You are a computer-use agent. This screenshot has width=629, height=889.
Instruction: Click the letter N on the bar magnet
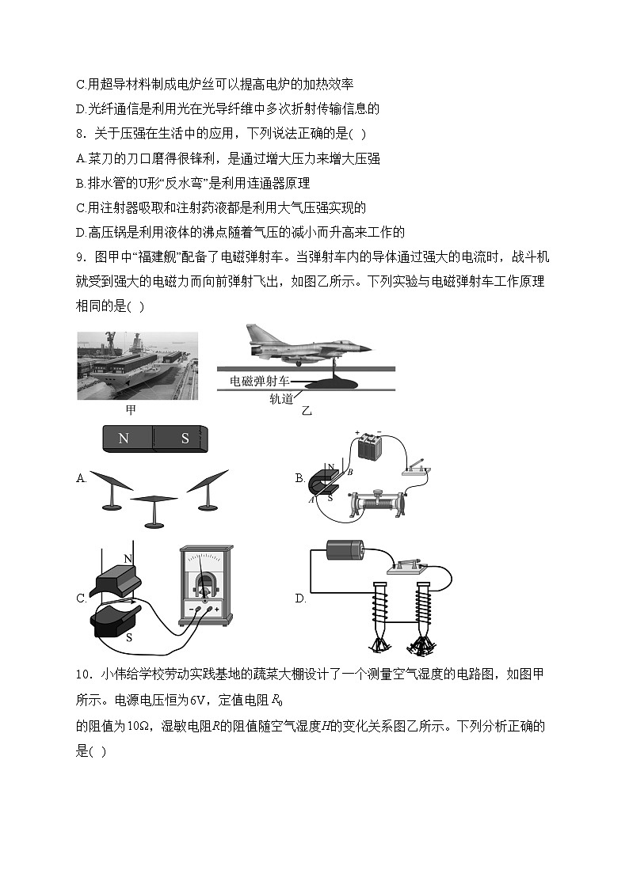tap(124, 438)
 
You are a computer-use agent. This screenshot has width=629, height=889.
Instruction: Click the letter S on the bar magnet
tap(185, 438)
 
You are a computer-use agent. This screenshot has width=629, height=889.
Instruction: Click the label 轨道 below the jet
tap(281, 398)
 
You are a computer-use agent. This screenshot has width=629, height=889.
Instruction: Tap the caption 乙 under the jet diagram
tap(307, 411)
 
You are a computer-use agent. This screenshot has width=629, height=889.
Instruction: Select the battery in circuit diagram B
tap(370, 448)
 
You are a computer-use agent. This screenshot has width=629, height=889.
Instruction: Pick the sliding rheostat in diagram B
tap(378, 503)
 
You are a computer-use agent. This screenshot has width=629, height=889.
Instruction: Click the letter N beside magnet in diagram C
tap(128, 559)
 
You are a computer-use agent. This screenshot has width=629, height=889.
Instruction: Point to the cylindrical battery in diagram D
tap(345, 551)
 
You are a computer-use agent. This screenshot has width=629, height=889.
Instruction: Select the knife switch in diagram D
tap(406, 566)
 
